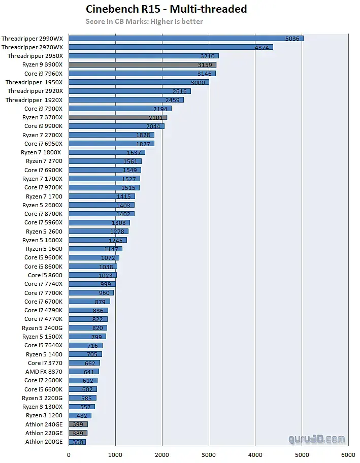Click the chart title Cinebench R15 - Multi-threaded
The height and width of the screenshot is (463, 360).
click(166, 9)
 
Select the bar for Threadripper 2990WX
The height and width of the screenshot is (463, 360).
click(186, 38)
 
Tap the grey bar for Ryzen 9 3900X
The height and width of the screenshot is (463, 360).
click(142, 64)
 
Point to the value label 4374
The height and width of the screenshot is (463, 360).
click(263, 47)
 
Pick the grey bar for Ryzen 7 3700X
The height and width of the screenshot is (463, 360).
click(118, 117)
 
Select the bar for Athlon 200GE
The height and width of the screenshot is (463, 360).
click(77, 442)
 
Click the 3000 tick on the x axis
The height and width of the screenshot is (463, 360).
click(209, 455)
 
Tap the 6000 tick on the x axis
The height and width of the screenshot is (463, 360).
click(348, 455)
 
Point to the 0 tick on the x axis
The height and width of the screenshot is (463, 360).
click(69, 455)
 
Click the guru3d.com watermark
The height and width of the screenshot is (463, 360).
click(317, 439)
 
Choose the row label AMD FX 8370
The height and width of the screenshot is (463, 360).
click(44, 372)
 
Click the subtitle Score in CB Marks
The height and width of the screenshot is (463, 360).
click(144, 21)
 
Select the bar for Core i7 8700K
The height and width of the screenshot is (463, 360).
click(102, 214)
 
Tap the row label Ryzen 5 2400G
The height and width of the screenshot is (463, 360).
click(42, 328)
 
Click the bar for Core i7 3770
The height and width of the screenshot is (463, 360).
click(84, 363)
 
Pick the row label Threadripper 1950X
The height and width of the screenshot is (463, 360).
click(34, 82)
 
